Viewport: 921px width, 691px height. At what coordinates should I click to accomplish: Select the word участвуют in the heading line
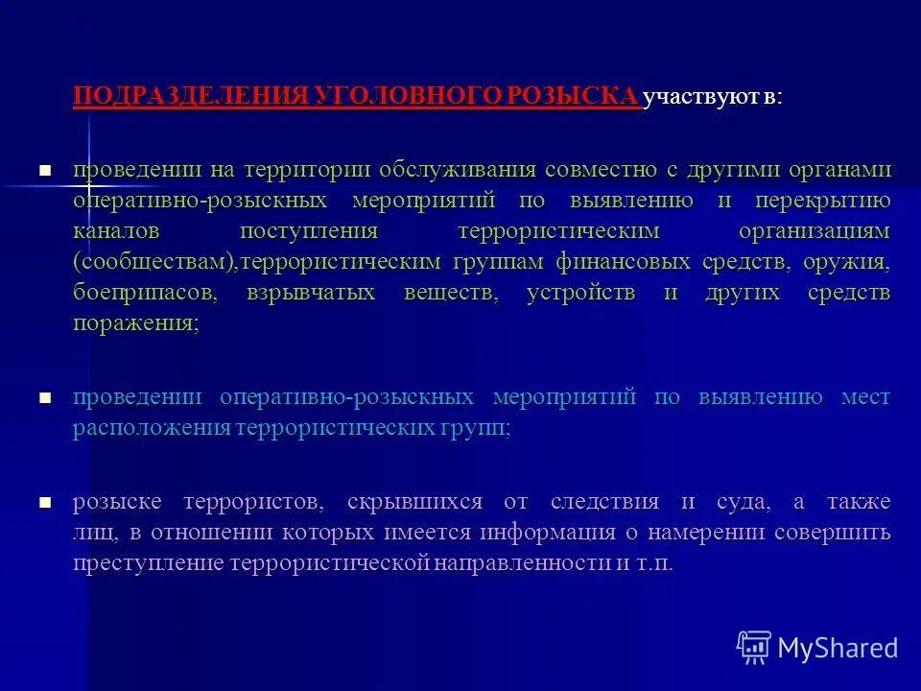[x=693, y=98]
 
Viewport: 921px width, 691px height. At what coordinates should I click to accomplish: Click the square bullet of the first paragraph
[x=44, y=170]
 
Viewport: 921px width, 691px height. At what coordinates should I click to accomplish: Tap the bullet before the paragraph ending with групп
[x=44, y=396]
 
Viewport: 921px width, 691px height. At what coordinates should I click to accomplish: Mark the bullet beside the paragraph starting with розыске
[x=44, y=501]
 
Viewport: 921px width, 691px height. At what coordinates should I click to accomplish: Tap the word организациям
[x=814, y=232]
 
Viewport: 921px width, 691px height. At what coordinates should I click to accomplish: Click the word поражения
[x=133, y=324]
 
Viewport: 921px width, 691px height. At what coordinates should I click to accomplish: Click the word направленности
[x=518, y=563]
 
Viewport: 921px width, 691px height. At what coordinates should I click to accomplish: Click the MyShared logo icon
[x=754, y=648]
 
